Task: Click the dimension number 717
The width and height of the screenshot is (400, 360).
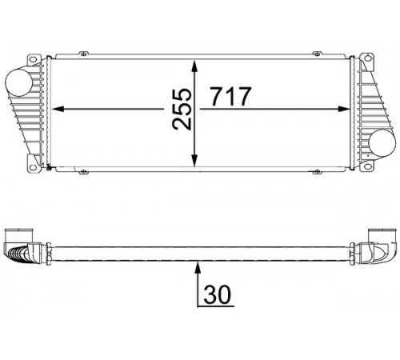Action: [230, 96]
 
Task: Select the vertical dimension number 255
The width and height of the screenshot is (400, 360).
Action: [182, 110]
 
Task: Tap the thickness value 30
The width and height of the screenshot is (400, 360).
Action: [217, 294]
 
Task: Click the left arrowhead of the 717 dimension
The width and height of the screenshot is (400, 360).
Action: [58, 109]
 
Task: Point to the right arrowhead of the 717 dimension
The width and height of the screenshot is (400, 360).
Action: [343, 109]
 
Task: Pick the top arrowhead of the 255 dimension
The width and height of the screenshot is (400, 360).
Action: [195, 66]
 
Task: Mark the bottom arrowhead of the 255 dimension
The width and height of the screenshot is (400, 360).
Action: [195, 161]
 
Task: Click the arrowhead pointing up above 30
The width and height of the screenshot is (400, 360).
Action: [198, 268]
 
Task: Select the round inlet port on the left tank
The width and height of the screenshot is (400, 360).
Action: [19, 82]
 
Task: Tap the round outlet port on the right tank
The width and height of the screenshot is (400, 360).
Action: [382, 142]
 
